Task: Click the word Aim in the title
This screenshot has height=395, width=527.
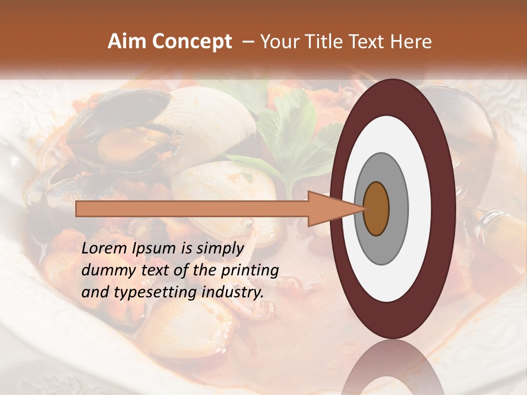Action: (x=127, y=41)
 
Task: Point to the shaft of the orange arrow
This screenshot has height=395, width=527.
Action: (x=192, y=209)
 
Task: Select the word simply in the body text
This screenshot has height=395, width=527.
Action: (x=219, y=249)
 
